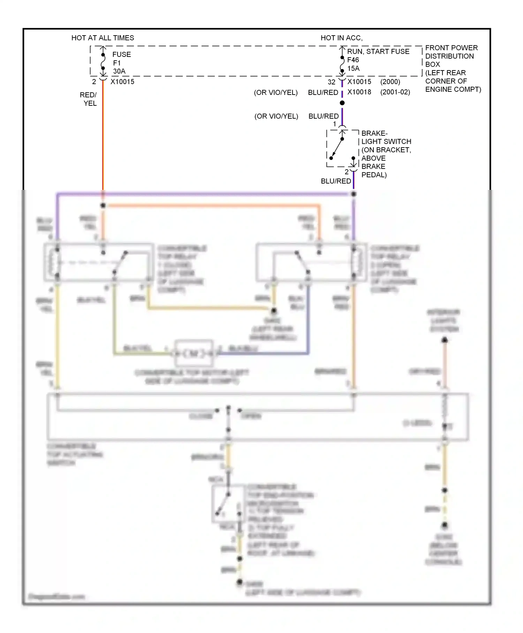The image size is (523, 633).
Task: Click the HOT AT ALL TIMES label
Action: pyautogui.click(x=103, y=38)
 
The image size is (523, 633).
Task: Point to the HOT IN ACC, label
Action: pyautogui.click(x=341, y=38)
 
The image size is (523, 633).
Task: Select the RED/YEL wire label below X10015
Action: pyautogui.click(x=88, y=99)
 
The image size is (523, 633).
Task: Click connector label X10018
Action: pyautogui.click(x=359, y=92)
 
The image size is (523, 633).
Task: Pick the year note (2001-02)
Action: pyautogui.click(x=395, y=92)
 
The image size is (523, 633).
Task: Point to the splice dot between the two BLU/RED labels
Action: pyautogui.click(x=342, y=103)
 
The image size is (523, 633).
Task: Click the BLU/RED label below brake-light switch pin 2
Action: pyautogui.click(x=335, y=181)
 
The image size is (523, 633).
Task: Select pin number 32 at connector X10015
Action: pyautogui.click(x=331, y=82)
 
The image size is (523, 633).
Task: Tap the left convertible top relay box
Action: pyautogui.click(x=98, y=262)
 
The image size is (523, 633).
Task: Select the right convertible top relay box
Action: pyautogui.click(x=311, y=262)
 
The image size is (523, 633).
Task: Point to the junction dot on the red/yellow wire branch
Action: pyautogui.click(x=103, y=206)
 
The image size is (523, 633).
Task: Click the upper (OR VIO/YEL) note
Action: pyautogui.click(x=275, y=92)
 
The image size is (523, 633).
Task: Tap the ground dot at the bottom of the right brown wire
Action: pyautogui.click(x=445, y=525)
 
